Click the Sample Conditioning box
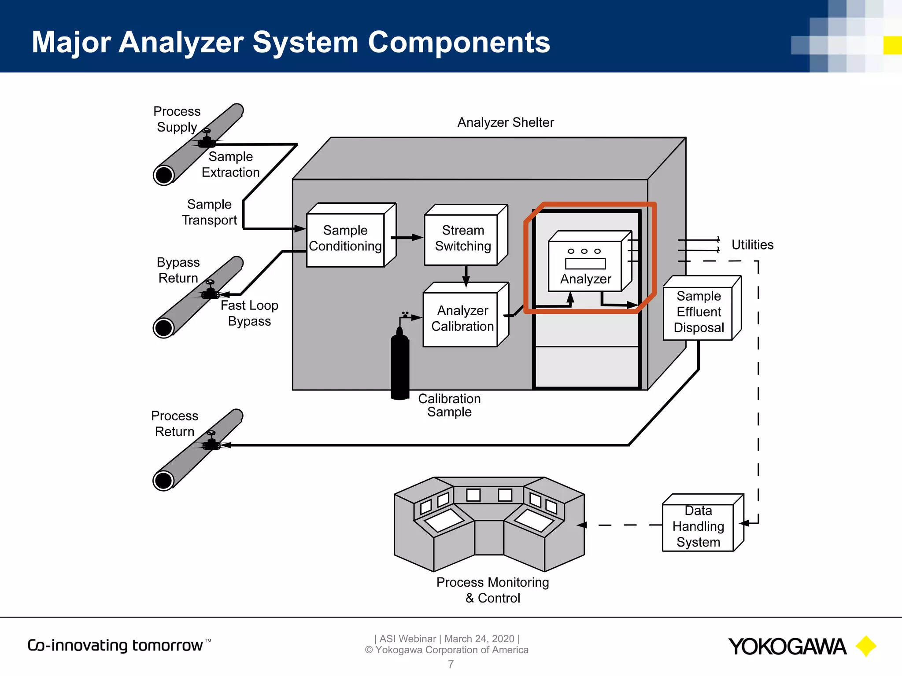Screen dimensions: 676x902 (x=345, y=239)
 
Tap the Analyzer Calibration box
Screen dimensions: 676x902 (x=462, y=319)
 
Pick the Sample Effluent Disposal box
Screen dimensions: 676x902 (x=699, y=312)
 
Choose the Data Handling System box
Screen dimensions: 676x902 (x=698, y=527)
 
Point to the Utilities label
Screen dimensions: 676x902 (x=752, y=245)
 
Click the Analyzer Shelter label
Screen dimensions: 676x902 (x=505, y=122)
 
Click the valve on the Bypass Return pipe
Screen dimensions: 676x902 (x=210, y=290)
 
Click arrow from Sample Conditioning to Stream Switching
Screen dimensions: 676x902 (x=408, y=238)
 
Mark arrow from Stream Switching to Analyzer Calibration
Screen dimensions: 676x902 (x=466, y=276)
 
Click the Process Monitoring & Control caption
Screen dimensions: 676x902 (x=492, y=590)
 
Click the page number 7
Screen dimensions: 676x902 (x=451, y=665)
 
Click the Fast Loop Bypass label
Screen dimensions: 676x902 (x=249, y=313)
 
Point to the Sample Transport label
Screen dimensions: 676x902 (x=209, y=212)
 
